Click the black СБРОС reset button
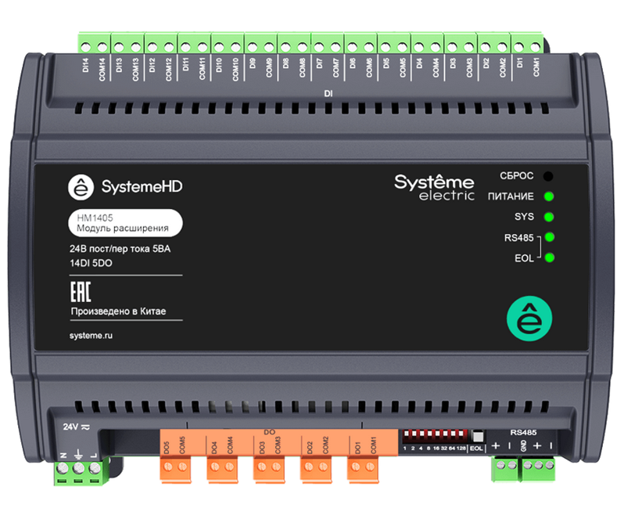549,175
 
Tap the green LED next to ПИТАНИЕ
549,196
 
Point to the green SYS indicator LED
549,216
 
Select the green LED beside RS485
549,236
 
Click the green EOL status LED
549,258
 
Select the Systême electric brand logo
433,187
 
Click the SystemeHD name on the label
141,188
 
